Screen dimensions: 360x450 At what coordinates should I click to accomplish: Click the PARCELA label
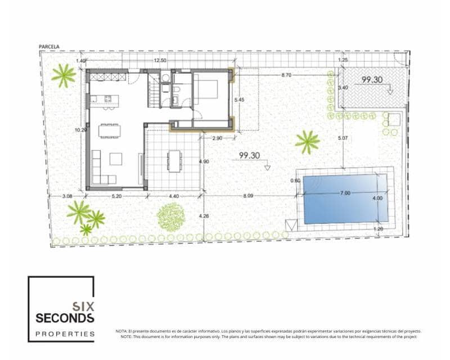49,47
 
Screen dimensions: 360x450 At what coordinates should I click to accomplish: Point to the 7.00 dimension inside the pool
345,193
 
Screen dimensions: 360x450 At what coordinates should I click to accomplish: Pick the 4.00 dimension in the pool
377,198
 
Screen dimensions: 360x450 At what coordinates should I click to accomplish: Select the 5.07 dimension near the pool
343,138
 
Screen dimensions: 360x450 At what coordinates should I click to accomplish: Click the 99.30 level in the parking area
372,80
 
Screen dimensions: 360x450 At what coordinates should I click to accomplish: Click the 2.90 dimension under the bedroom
218,138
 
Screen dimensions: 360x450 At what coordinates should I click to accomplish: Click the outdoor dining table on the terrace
174,160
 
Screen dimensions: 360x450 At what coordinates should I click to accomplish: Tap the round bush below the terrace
171,217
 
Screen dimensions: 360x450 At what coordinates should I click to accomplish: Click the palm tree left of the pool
307,142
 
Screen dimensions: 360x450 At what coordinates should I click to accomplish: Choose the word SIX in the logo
83,307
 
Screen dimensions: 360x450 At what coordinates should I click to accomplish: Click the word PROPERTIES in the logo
65,334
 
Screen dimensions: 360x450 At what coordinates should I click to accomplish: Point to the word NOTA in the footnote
121,331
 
